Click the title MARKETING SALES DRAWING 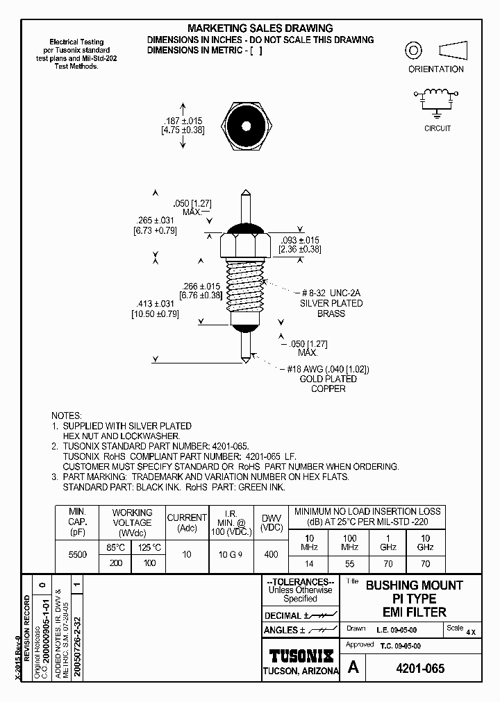260,28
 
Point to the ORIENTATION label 435,69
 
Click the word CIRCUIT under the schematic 437,128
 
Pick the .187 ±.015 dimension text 162,120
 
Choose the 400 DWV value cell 271,554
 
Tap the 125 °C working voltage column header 149,547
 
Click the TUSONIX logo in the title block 301,656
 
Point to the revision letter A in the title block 353,668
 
